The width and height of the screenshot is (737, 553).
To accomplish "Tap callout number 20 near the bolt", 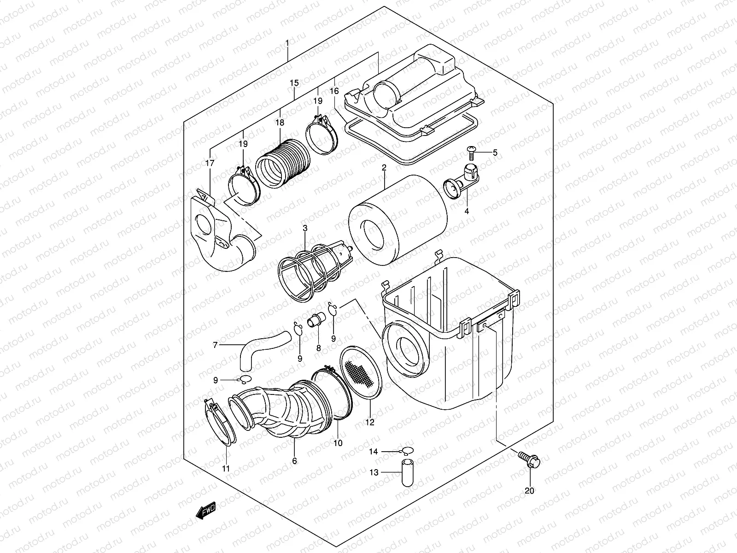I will click(x=529, y=491).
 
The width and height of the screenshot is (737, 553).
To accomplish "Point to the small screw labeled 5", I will click(x=472, y=150).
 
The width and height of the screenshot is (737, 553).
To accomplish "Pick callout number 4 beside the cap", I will click(x=467, y=211).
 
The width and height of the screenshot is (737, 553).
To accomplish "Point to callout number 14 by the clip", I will click(x=373, y=452).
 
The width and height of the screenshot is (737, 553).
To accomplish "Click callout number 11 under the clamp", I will click(x=225, y=469).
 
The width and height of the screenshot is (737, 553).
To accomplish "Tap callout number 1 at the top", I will click(x=287, y=43).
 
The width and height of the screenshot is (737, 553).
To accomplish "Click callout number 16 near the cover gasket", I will click(x=334, y=91).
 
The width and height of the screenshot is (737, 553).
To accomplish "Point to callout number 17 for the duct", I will click(x=210, y=163).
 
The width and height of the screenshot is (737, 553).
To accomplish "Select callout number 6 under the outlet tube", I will click(x=294, y=461).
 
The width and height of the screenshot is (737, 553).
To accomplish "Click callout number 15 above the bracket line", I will click(x=294, y=83).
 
